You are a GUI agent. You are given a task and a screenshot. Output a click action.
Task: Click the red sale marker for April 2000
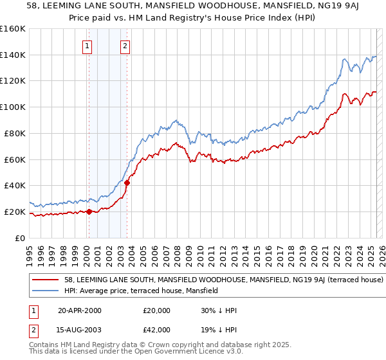(x=89, y=212)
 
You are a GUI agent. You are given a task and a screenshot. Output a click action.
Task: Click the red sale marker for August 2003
(x=127, y=183)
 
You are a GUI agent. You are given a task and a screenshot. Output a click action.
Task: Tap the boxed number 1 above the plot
(x=87, y=46)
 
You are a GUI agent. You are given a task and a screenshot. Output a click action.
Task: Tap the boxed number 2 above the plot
(x=125, y=46)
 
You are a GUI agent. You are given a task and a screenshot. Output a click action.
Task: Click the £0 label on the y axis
(x=20, y=238)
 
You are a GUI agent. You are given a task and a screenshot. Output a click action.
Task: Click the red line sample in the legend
(x=46, y=280)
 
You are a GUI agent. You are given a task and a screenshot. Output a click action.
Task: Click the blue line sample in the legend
(x=46, y=291)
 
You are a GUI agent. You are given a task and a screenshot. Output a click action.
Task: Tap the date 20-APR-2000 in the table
(x=80, y=310)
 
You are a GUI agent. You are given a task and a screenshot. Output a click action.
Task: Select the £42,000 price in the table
(x=156, y=330)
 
